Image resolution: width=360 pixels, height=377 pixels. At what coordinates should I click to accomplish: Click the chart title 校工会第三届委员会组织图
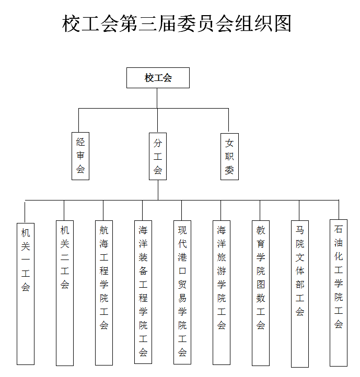177,23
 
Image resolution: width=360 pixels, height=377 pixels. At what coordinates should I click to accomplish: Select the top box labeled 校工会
158,78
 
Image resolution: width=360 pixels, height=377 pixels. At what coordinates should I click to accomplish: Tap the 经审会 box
80,156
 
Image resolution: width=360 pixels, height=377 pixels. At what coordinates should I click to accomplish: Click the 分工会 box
158,156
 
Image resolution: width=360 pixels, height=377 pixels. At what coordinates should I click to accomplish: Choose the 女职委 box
229,157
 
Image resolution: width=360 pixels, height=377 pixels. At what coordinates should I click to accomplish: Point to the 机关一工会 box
26,294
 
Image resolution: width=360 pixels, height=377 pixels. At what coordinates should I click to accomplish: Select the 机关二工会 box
65,293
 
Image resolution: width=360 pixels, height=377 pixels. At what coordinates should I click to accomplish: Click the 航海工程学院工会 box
104,293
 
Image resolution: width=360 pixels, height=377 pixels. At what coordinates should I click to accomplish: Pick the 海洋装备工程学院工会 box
143,292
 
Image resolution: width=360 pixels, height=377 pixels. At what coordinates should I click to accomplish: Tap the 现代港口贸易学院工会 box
182,292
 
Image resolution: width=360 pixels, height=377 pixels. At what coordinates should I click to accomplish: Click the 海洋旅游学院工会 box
222,292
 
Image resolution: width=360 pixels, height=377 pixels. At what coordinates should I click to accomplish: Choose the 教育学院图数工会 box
261,293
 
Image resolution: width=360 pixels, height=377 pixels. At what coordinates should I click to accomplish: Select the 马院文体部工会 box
300,294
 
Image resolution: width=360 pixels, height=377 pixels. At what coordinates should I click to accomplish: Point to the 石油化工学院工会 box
339,293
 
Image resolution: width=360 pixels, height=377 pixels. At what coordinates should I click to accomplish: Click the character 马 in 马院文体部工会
300,230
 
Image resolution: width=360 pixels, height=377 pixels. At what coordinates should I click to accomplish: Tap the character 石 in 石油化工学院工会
339,229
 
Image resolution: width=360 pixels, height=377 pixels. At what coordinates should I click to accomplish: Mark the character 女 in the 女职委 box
229,143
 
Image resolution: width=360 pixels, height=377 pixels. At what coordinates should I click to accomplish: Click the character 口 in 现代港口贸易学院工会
182,271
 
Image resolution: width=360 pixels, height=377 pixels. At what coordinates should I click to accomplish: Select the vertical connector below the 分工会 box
158,190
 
